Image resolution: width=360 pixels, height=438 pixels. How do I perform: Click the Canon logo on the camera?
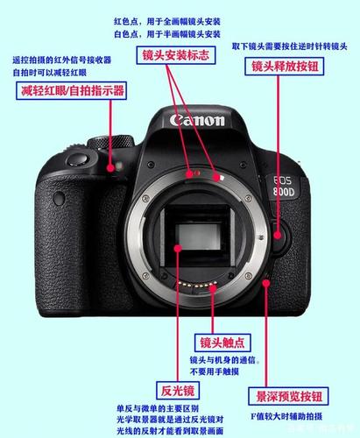point(197,120)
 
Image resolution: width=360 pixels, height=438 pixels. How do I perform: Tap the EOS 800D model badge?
point(283,187)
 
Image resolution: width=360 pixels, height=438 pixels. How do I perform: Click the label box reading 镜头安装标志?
point(176,55)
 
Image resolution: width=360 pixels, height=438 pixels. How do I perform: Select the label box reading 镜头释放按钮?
point(285,67)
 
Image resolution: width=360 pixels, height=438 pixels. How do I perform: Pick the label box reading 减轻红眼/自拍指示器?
point(71,90)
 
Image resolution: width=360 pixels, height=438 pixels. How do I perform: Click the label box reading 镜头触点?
point(222,343)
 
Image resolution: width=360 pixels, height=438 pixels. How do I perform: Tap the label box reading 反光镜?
point(178,391)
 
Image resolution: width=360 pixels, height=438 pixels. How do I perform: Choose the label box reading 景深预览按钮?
point(288,396)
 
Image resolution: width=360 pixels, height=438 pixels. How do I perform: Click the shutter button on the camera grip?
point(78,159)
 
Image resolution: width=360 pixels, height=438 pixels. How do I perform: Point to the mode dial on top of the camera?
point(111,143)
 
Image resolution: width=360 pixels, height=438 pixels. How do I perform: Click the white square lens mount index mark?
point(222,177)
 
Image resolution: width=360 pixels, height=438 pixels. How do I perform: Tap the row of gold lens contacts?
point(198,285)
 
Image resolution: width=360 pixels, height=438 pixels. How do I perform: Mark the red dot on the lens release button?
point(278,235)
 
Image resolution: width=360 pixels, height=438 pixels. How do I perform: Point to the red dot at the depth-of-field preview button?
point(265,283)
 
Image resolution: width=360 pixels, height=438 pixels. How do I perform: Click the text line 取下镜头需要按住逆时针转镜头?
point(290,46)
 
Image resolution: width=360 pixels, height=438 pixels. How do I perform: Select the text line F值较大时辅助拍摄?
point(286,416)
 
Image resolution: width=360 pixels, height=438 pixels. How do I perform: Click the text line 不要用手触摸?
point(215,371)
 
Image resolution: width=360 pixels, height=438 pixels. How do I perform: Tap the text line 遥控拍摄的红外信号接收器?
point(62,60)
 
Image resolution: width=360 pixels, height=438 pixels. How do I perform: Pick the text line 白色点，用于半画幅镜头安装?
point(167,34)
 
